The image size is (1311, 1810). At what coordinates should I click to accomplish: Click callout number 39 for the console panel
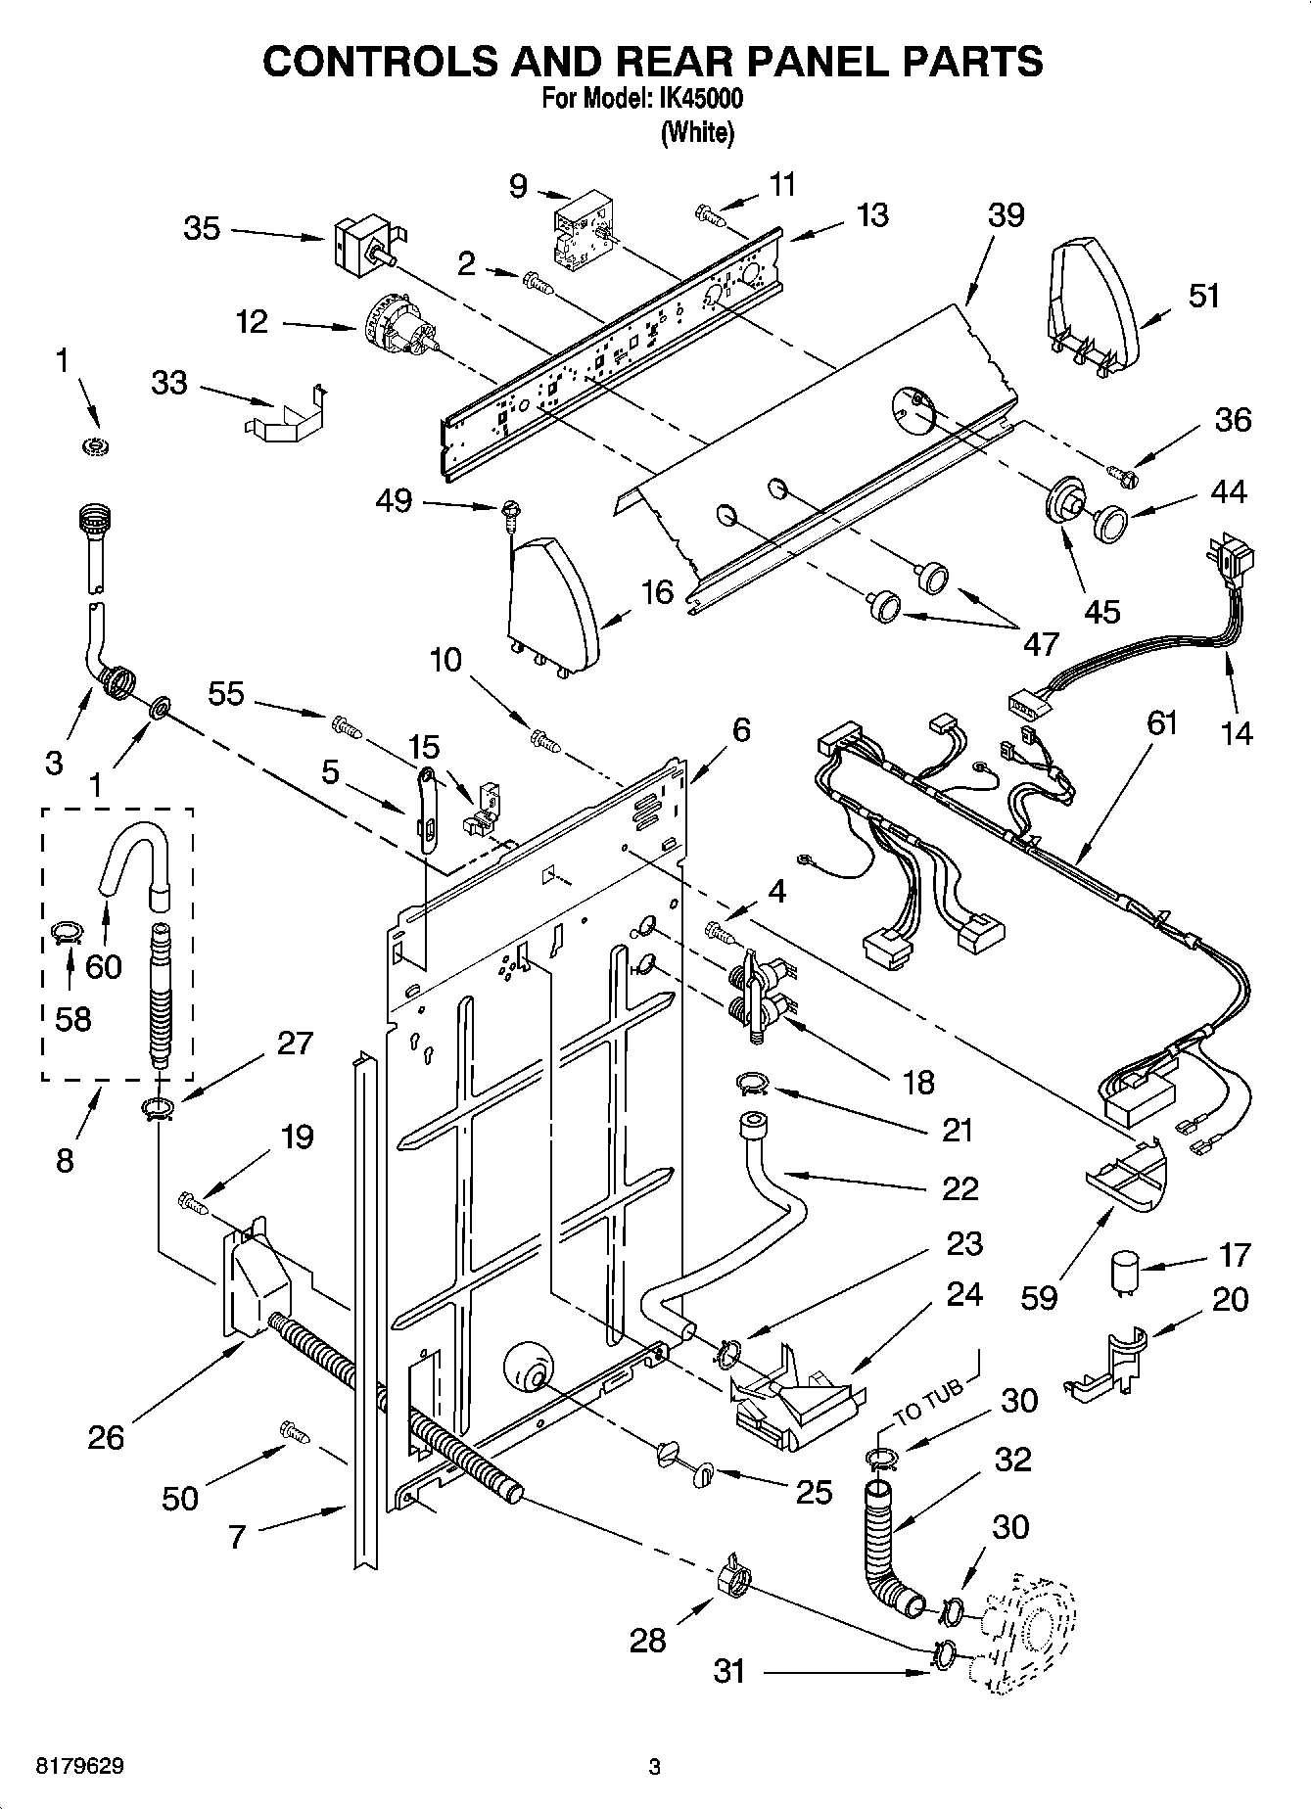[1006, 215]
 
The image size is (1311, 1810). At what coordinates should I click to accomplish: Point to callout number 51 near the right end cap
[1203, 295]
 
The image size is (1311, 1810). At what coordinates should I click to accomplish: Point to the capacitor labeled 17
[1124, 1276]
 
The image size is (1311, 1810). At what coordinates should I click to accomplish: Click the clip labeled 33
[284, 417]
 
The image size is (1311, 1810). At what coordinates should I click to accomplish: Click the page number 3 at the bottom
[655, 1767]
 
